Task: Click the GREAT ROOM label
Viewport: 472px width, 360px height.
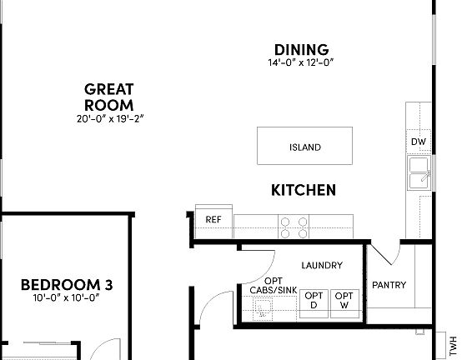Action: tap(109, 97)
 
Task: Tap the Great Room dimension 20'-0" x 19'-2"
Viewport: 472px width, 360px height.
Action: tap(109, 118)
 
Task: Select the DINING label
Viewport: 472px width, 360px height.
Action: tap(301, 50)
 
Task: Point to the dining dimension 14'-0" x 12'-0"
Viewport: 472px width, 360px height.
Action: tap(301, 63)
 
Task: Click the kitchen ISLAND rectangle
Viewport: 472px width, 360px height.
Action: tap(304, 147)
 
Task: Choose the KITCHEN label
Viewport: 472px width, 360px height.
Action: tap(304, 190)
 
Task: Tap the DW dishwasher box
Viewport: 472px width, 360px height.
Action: tap(418, 142)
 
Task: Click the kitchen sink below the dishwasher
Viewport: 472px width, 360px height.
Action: tap(418, 175)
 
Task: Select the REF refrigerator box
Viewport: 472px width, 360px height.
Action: tap(213, 220)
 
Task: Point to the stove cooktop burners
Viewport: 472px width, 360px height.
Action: tap(294, 222)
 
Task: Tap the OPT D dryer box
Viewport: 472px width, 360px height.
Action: tap(314, 299)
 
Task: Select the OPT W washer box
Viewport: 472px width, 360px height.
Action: tap(343, 299)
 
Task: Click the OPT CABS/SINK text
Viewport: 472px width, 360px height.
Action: tap(273, 285)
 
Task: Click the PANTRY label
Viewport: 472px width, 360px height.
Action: tap(389, 285)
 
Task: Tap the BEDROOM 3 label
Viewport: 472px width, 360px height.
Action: tap(67, 284)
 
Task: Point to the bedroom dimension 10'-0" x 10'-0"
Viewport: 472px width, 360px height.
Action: tap(67, 297)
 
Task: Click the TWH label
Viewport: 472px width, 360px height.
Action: tap(454, 342)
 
